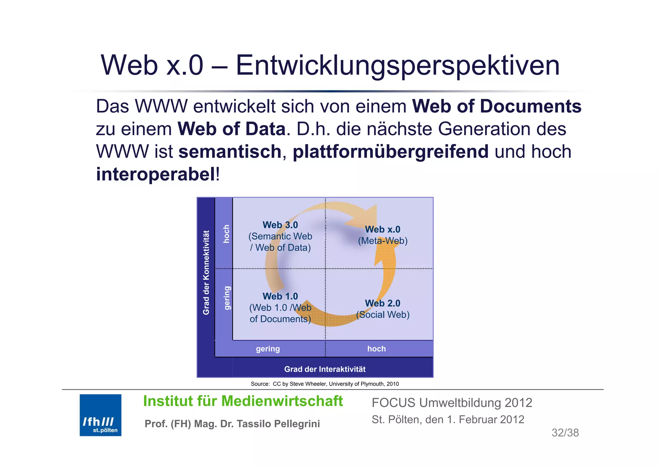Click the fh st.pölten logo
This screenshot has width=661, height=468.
coord(100,415)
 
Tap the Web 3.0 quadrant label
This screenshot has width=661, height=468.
coord(280,225)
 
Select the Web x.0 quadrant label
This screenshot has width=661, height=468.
coord(382,229)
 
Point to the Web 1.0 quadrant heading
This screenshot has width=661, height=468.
coord(280,296)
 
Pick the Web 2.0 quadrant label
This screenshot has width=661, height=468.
coord(382,303)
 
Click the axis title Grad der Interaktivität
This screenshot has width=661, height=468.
coord(325,369)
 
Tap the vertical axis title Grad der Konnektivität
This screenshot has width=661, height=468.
coord(206,272)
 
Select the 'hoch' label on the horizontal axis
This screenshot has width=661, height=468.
coord(376,349)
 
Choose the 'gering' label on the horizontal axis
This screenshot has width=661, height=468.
coord(268,349)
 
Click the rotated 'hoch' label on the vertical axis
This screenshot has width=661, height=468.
coord(227,234)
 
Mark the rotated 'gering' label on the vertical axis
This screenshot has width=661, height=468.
coord(227,298)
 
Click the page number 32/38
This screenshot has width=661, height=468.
coord(565,433)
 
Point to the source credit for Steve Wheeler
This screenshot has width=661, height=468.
coord(325,384)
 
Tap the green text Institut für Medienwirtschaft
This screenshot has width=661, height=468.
coord(243,401)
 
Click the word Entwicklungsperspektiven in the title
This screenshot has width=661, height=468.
coord(398,66)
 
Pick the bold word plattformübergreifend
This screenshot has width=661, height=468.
coord(391,152)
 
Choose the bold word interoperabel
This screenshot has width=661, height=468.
coord(156,174)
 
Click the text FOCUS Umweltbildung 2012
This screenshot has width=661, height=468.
coord(452,403)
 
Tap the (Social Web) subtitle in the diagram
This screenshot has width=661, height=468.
coord(383,315)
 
